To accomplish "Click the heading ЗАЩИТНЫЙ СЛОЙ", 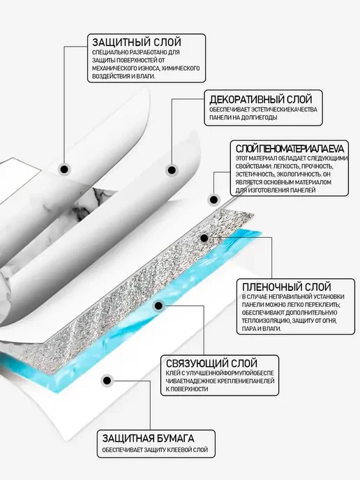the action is point(137,42).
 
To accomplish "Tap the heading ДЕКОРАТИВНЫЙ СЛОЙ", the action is point(261,99).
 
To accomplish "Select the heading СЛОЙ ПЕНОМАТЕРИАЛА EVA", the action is point(290,149).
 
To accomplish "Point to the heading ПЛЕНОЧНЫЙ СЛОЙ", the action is point(287,287).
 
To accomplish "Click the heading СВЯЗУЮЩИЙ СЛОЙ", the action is point(211,363).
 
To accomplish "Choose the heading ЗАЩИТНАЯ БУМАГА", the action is point(148,438).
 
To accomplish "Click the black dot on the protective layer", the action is point(64,170).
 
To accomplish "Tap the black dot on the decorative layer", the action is point(172,170).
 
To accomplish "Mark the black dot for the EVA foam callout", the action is point(214,200).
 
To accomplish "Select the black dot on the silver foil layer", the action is point(204,238).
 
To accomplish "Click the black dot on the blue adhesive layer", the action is point(158,306).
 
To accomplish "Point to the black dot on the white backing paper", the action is point(107,381).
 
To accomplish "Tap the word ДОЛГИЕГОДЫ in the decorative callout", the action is point(260,117).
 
